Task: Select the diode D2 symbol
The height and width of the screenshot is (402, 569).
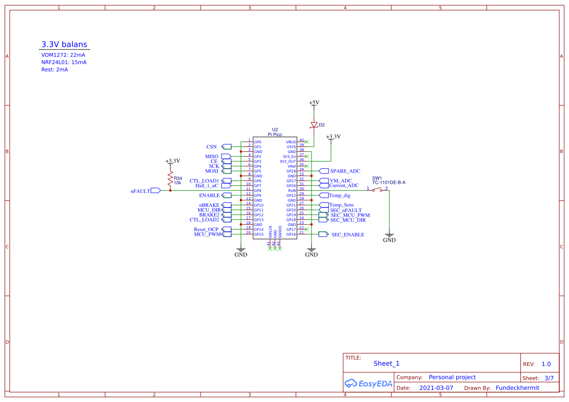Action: coord(314,125)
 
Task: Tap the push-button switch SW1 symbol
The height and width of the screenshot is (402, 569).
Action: coord(378,190)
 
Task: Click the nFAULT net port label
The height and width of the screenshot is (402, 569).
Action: coord(141,191)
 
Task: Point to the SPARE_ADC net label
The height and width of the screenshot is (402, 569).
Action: coord(345,171)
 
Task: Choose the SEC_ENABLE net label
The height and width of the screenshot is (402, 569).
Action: coord(348,235)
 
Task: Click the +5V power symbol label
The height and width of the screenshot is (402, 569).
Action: coord(314,103)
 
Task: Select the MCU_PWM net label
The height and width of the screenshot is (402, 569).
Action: coord(207,234)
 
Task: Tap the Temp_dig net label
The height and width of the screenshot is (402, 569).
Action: coord(340,195)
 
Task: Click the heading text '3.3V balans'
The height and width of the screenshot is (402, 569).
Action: coord(64,44)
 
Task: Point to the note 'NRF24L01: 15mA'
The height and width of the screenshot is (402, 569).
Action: coord(64,62)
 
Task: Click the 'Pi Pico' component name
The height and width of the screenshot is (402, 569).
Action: coord(275,134)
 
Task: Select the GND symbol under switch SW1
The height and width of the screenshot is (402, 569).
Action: coord(389,238)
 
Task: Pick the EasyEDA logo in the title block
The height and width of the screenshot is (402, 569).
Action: coord(368,384)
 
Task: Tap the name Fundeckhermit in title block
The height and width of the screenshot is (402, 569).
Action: coord(517,388)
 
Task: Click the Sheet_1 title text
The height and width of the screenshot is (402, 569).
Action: coord(386,364)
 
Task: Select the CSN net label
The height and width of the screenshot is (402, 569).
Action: coord(211,147)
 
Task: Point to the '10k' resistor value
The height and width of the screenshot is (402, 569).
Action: coord(178,183)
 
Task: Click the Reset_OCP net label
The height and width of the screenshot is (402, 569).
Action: coord(206,229)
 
